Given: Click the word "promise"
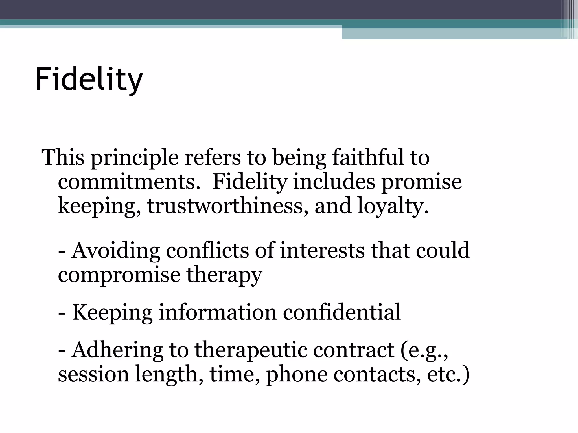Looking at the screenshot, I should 422,182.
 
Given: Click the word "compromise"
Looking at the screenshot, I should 119,275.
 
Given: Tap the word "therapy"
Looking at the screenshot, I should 224,275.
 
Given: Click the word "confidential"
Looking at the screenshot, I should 342,312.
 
